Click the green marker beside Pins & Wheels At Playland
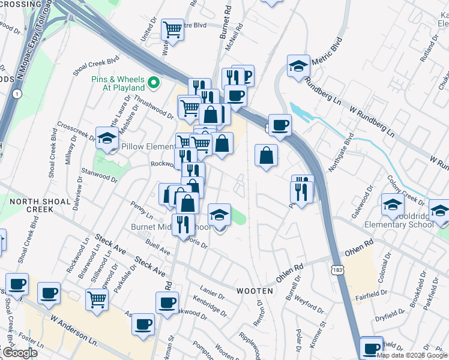point(154,83)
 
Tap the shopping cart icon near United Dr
point(173,29)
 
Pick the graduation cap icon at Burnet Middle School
point(220,214)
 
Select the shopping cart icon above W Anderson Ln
point(97,299)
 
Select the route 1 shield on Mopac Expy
point(17,94)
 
